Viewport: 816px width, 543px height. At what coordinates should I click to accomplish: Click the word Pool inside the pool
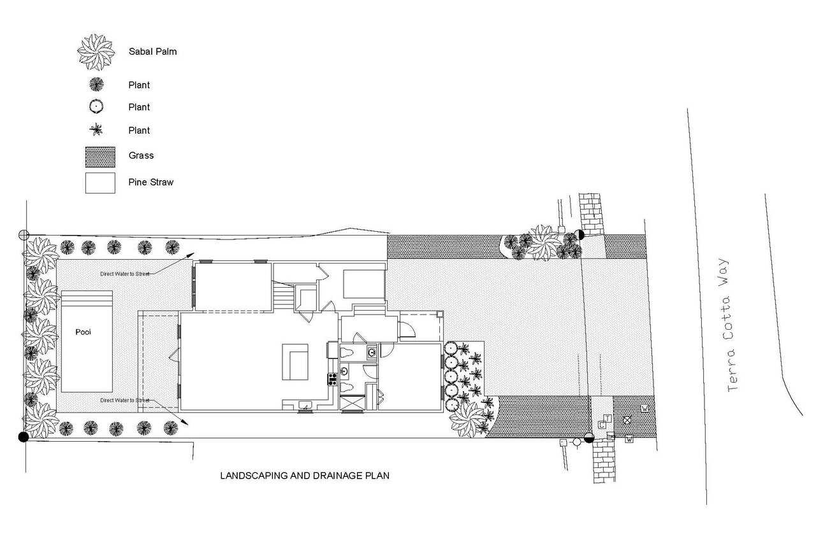click(x=83, y=332)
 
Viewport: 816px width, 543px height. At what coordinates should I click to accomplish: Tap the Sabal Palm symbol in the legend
click(x=96, y=52)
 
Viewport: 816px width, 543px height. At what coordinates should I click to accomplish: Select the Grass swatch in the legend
click(x=100, y=157)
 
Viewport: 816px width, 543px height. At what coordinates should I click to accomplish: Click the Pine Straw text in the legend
click(x=151, y=182)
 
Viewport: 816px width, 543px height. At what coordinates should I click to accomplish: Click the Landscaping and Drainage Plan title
click(x=305, y=476)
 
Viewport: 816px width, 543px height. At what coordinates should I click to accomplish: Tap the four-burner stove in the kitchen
click(x=332, y=379)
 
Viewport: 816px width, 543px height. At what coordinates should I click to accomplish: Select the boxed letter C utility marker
click(x=602, y=425)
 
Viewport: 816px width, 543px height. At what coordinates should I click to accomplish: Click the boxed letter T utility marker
click(x=608, y=419)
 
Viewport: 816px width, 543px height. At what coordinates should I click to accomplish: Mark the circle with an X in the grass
click(x=627, y=421)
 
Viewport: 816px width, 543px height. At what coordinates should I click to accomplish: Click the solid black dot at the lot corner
click(x=24, y=437)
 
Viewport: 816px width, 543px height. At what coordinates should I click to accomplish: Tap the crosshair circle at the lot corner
click(x=24, y=235)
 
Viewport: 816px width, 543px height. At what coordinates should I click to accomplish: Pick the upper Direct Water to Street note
click(x=124, y=274)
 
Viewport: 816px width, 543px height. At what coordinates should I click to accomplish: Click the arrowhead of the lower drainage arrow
click(x=186, y=423)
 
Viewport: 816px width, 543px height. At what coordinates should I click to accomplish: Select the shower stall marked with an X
click(x=352, y=404)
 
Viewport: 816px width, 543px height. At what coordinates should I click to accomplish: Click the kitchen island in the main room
click(x=295, y=362)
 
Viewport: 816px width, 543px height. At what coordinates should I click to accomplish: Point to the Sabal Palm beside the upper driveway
click(x=544, y=243)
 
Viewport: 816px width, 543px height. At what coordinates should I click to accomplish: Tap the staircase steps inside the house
click(x=284, y=297)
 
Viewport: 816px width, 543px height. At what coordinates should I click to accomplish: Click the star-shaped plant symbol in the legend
click(x=96, y=129)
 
